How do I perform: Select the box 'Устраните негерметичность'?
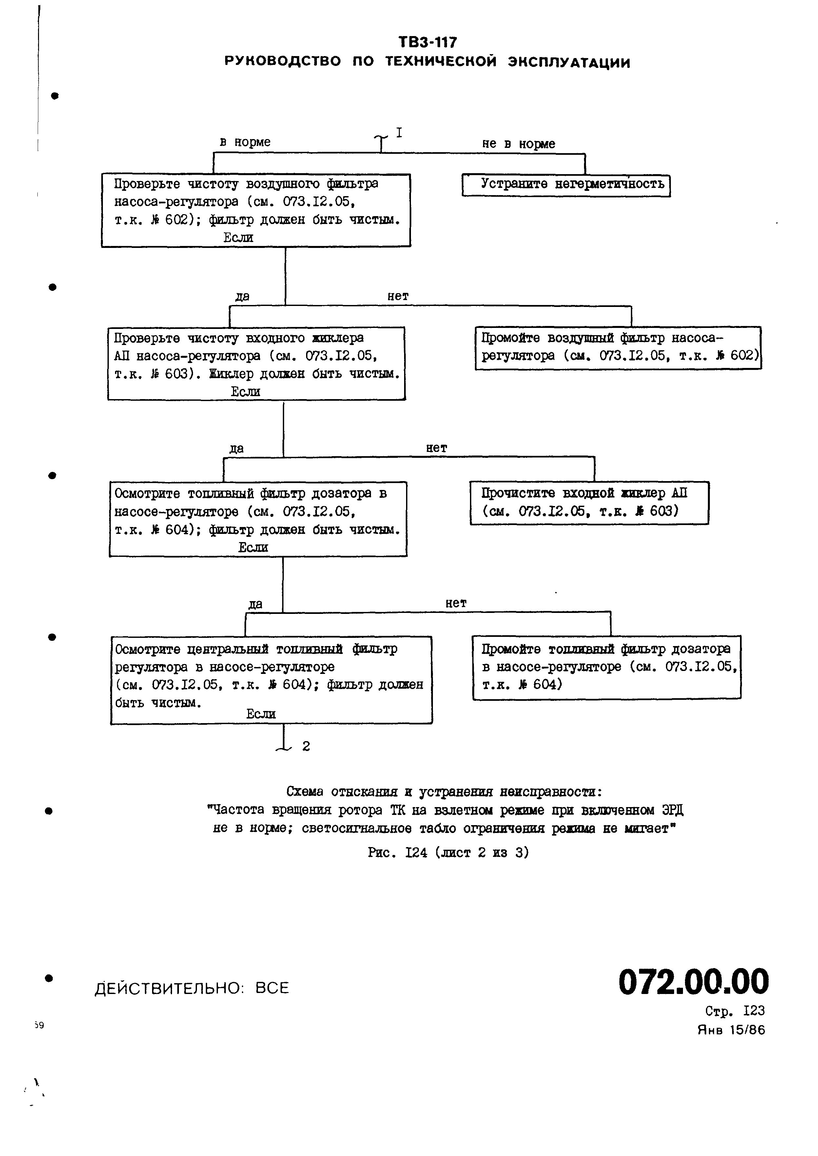(x=566, y=185)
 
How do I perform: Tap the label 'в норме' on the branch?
(x=245, y=142)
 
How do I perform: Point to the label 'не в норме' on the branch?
(x=518, y=144)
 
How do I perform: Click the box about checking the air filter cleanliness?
(x=256, y=210)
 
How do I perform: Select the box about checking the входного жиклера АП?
(x=256, y=363)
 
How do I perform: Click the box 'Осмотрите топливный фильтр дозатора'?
(x=258, y=518)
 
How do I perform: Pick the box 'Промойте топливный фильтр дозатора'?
(x=606, y=667)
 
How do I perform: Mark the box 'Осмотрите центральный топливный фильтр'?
(x=271, y=680)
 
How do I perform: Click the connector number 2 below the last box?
(x=306, y=746)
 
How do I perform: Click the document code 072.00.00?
(x=693, y=982)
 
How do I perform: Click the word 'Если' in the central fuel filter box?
(x=261, y=714)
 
